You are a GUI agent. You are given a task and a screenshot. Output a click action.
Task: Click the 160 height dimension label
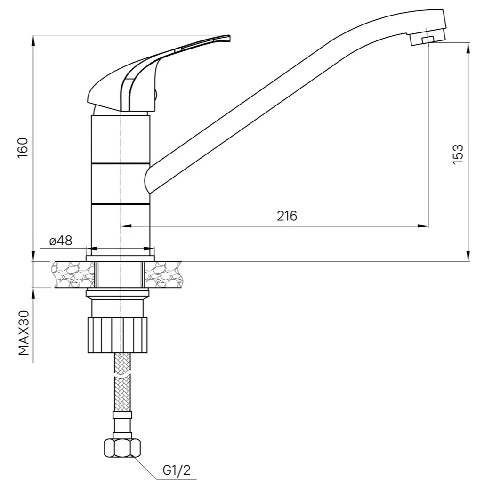click(x=23, y=148)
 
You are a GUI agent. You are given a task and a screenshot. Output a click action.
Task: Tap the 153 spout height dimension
click(x=458, y=154)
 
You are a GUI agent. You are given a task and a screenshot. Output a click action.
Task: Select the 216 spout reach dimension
click(x=287, y=216)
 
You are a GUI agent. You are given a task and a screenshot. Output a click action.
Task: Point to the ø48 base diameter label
click(x=61, y=241)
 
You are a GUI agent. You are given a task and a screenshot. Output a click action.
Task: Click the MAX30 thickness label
click(x=24, y=332)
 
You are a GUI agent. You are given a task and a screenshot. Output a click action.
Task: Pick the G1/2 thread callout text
click(x=177, y=470)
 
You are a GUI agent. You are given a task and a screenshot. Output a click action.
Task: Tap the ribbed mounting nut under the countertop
click(x=118, y=335)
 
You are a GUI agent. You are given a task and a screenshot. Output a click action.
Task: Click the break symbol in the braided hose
click(x=122, y=375)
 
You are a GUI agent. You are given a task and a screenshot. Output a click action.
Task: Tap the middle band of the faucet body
click(x=120, y=184)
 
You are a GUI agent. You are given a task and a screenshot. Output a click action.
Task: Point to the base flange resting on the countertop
click(x=120, y=259)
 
